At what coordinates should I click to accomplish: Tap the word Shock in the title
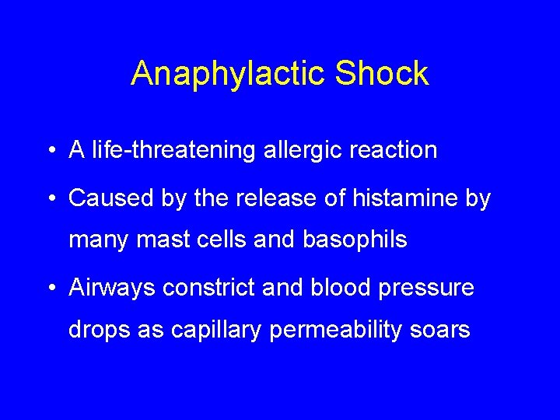pyautogui.click(x=382, y=74)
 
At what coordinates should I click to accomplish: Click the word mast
pyautogui.click(x=154, y=240)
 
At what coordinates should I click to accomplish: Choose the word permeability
pyautogui.click(x=340, y=330)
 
